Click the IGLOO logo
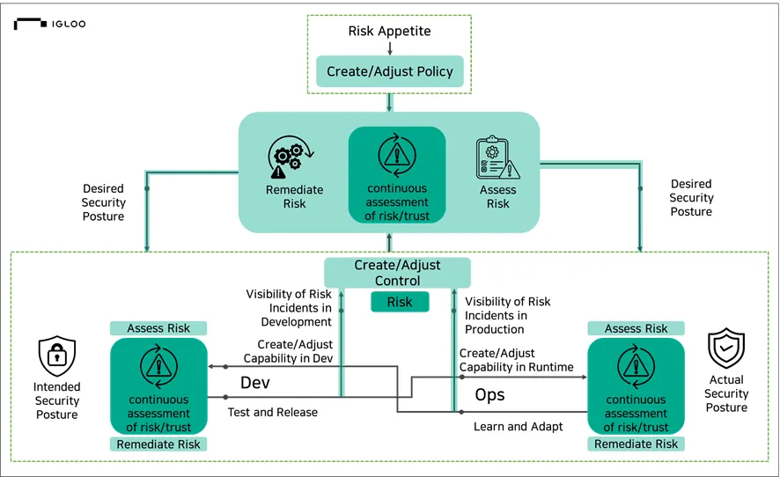tap(49, 24)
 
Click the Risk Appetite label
tap(390, 31)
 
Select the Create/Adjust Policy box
tap(390, 71)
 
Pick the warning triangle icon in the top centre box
tap(395, 156)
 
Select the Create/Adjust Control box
tap(398, 273)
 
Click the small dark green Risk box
tap(399, 302)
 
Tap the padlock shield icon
tap(56, 356)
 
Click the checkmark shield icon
tap(726, 349)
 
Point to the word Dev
tap(254, 384)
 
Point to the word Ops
tap(489, 394)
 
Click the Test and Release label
tap(272, 412)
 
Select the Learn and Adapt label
tap(518, 426)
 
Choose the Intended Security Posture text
tap(56, 400)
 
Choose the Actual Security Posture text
tap(726, 393)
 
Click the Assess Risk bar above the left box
tap(158, 328)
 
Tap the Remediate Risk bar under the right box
tap(636, 444)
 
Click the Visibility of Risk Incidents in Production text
tap(508, 315)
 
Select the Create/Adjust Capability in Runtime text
tap(516, 360)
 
